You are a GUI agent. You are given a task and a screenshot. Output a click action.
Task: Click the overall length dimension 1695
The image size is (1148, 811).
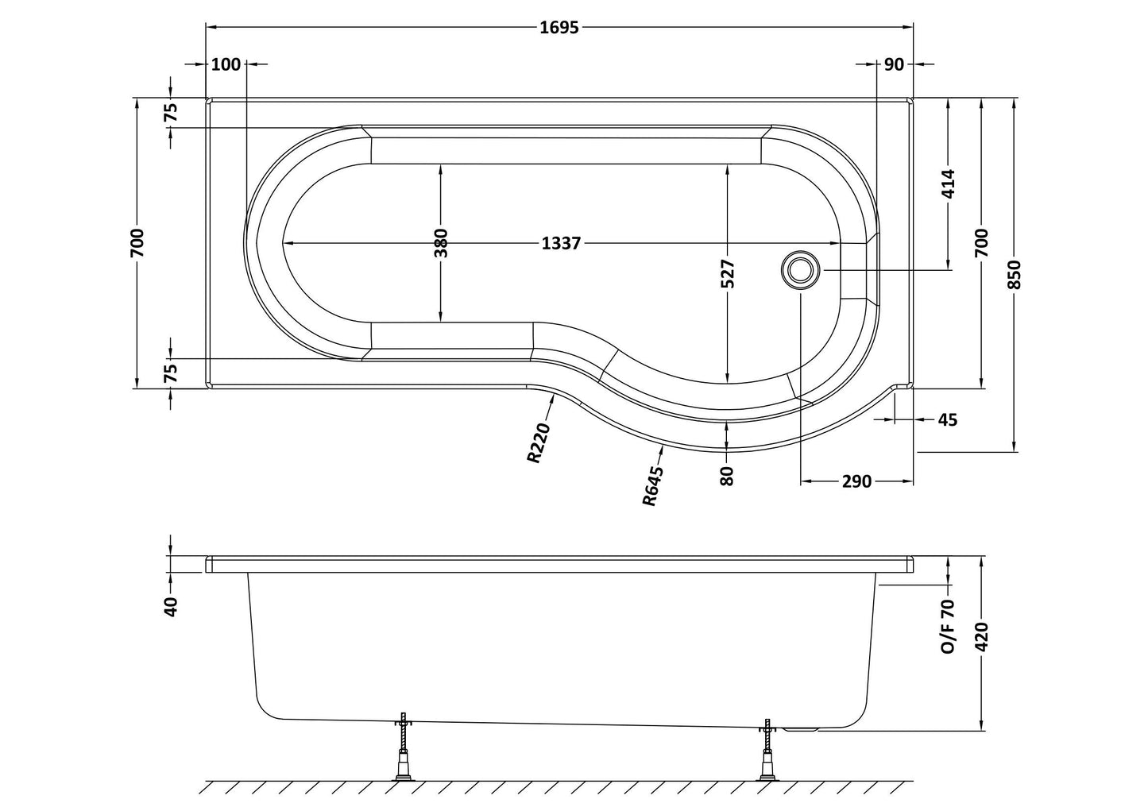559,28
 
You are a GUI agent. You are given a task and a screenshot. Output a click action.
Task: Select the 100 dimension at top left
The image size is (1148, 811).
226,64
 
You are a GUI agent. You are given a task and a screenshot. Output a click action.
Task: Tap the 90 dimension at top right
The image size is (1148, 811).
894,64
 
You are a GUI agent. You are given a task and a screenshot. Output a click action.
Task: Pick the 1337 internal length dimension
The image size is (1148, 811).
562,243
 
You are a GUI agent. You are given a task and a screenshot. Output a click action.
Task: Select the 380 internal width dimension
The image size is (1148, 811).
442,243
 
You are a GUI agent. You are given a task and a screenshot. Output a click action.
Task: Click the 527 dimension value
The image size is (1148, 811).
729,274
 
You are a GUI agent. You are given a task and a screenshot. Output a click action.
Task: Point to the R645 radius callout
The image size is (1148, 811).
653,485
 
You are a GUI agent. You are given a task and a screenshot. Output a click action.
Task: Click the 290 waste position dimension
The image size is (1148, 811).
856,481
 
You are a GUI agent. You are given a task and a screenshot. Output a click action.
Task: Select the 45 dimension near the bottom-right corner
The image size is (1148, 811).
947,419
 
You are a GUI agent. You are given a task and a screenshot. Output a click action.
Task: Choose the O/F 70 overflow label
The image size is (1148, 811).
948,626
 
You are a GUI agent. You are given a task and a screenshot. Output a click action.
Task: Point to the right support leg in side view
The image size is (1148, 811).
767,751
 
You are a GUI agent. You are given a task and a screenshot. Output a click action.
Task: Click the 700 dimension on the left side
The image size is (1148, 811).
137,242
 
